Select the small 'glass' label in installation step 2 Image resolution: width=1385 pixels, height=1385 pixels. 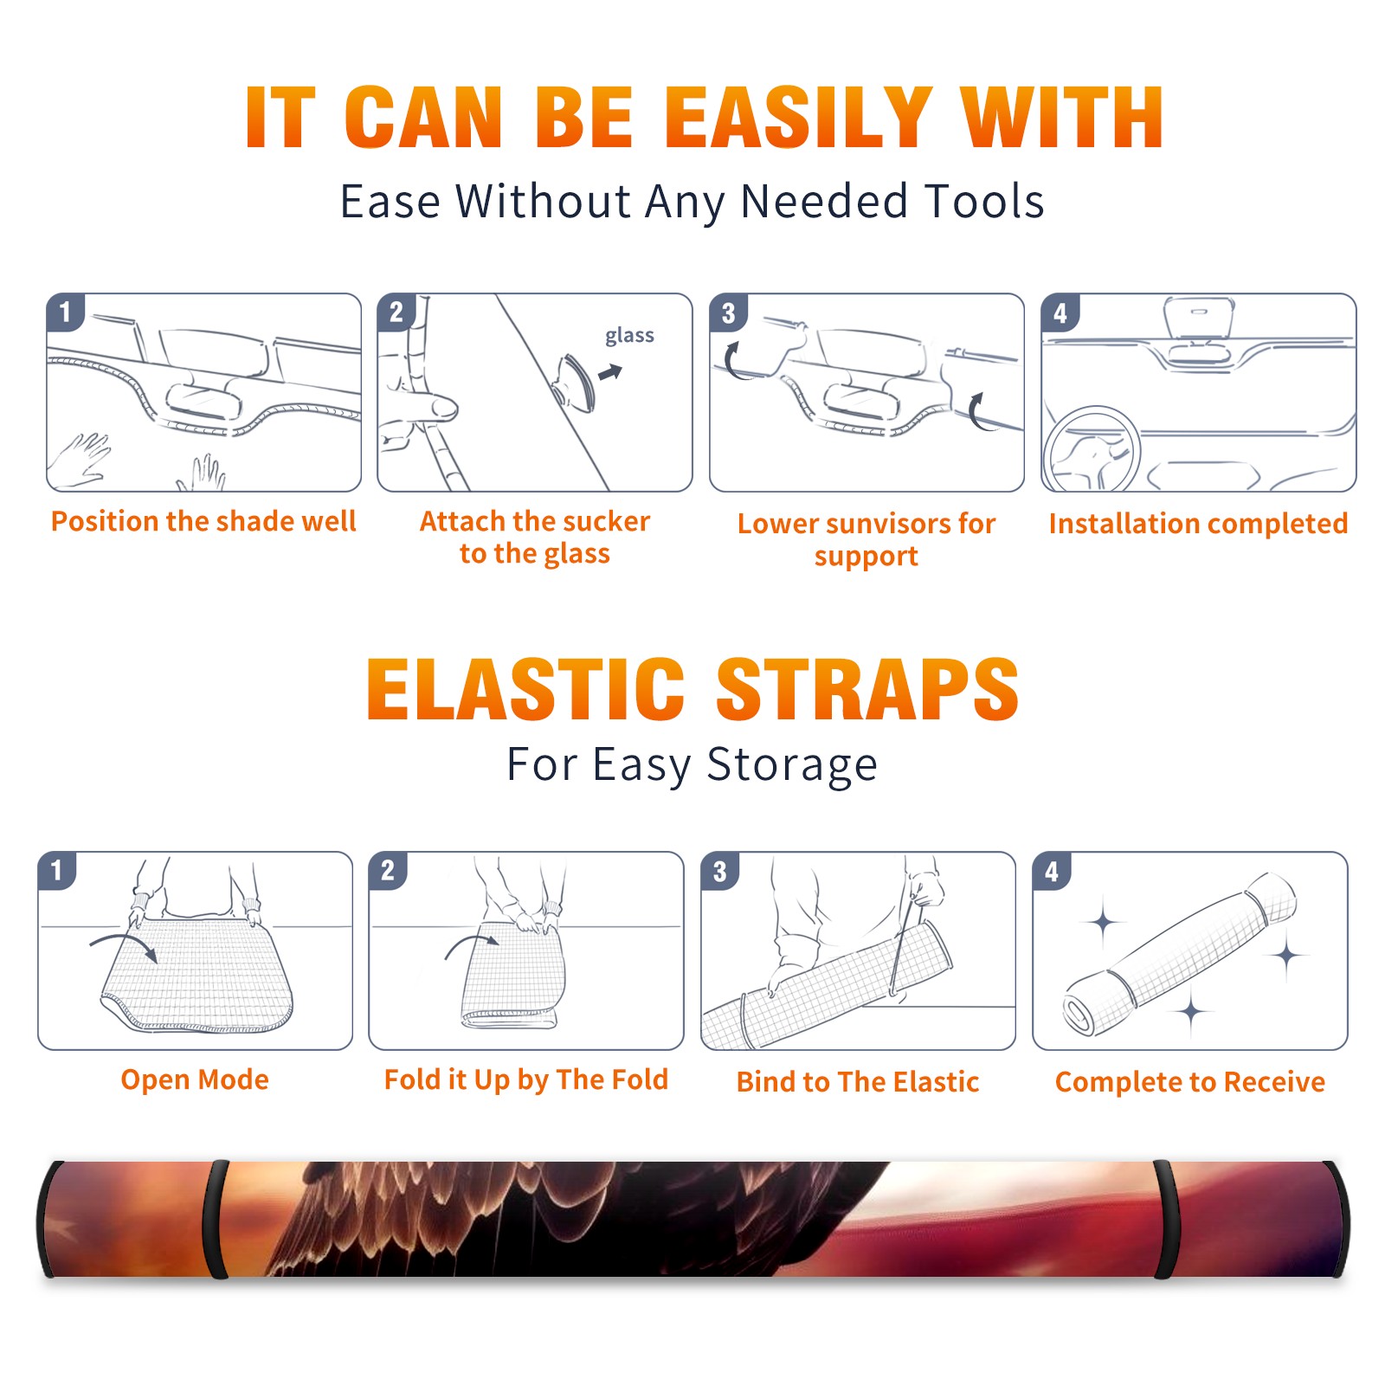click(629, 336)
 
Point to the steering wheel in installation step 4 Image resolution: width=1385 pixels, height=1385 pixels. click(1091, 448)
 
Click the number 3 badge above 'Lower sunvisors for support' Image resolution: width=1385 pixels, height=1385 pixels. click(728, 312)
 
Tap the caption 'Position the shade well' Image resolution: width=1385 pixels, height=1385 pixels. click(203, 521)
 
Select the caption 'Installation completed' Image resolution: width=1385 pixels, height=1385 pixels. click(1198, 524)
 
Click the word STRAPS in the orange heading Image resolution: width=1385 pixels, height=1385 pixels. click(867, 689)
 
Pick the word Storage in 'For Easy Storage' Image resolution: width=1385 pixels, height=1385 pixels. click(792, 765)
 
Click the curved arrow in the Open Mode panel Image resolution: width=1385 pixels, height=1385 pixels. click(124, 944)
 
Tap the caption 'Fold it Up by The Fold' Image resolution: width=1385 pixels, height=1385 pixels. click(526, 1079)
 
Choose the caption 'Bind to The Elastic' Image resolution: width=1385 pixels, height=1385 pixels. click(858, 1082)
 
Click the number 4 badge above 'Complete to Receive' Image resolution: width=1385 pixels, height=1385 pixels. click(1052, 871)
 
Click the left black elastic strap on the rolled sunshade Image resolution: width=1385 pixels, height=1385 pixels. click(217, 1220)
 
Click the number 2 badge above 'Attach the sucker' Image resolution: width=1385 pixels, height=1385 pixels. click(396, 312)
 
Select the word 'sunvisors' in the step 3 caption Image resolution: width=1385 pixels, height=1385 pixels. click(884, 524)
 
